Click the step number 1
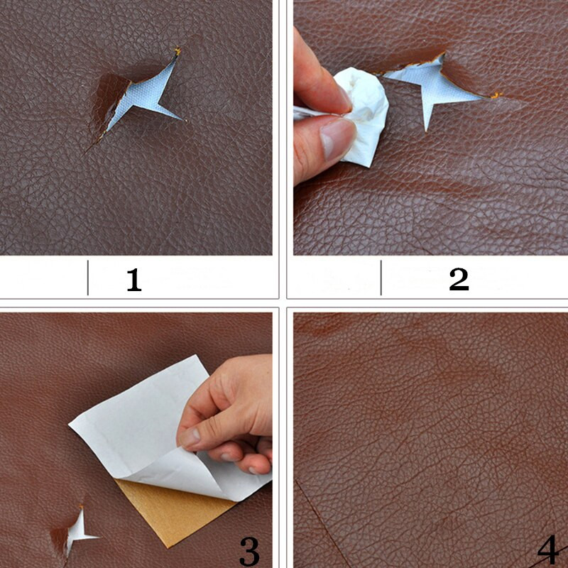click(x=134, y=279)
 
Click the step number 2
click(x=459, y=279)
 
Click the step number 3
click(x=250, y=551)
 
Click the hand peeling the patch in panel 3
click(x=228, y=417)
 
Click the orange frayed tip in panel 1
click(x=177, y=51)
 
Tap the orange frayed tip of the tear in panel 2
click(x=496, y=95)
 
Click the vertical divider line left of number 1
click(x=88, y=278)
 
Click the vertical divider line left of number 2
click(x=381, y=278)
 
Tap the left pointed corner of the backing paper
click(x=69, y=425)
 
